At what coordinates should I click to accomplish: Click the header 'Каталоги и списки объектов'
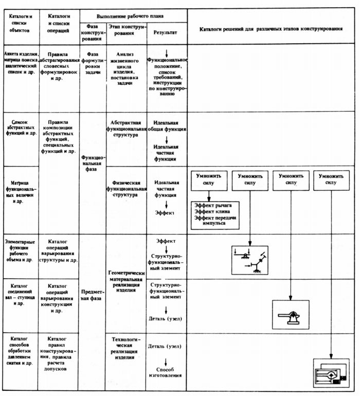tap(21, 24)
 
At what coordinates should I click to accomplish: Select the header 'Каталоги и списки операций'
tap(59, 24)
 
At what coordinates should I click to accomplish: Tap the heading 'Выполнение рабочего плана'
tap(130, 16)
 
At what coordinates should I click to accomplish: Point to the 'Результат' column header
tap(165, 32)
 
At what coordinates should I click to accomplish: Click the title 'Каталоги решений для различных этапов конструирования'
tap(271, 29)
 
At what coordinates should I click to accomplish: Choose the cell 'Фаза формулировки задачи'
tap(93, 63)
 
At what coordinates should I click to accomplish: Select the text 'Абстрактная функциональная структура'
tap(126, 129)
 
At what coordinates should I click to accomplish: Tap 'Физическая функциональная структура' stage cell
tap(126, 189)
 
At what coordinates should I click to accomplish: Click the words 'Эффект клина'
tap(212, 212)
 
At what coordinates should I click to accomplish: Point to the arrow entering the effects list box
tap(209, 196)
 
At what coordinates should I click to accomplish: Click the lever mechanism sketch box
tap(250, 260)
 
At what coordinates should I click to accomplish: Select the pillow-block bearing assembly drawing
tap(291, 315)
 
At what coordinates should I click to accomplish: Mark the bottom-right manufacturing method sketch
tap(331, 373)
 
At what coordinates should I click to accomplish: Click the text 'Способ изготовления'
tap(165, 372)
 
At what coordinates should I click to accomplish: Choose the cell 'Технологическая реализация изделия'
tap(124, 349)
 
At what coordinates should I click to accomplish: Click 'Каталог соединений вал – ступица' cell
tap(20, 295)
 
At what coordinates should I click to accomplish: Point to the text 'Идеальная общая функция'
tap(167, 126)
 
